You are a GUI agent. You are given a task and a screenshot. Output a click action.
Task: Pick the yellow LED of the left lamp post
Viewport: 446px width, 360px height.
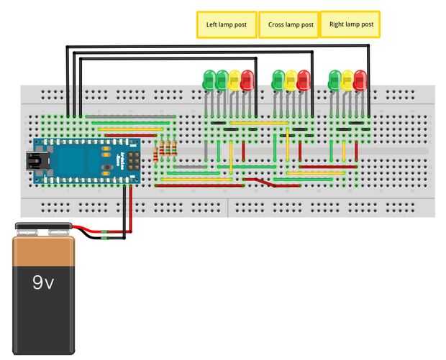pyautogui.click(x=235, y=80)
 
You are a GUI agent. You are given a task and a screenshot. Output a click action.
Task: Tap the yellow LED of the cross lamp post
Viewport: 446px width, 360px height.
pyautogui.click(x=291, y=80)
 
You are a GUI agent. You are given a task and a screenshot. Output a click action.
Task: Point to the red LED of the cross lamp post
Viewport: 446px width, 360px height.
pyautogui.click(x=304, y=80)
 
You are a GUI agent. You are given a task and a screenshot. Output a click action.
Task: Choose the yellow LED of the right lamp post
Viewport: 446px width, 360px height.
pyautogui.click(x=347, y=80)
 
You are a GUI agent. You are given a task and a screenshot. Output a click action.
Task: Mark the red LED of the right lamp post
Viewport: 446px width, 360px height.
pyautogui.click(x=360, y=80)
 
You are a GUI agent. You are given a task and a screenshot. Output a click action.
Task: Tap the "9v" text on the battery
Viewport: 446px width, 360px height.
pyautogui.click(x=43, y=283)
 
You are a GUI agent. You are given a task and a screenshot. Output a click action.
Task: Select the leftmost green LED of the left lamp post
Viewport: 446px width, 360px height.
pyautogui.click(x=209, y=80)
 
